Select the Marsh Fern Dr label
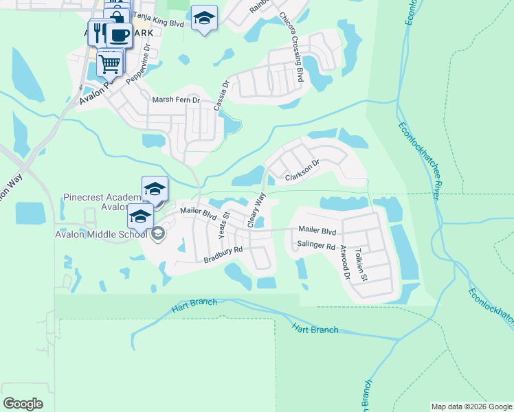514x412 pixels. [175, 100]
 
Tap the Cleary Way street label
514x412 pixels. [256, 209]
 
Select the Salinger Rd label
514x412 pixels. [316, 246]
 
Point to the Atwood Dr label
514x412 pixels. [345, 264]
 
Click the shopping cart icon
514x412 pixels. [110, 64]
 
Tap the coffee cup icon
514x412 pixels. [120, 35]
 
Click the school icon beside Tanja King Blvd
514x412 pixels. [203, 19]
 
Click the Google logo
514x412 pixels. [23, 404]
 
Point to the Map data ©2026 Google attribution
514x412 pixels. [471, 407]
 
